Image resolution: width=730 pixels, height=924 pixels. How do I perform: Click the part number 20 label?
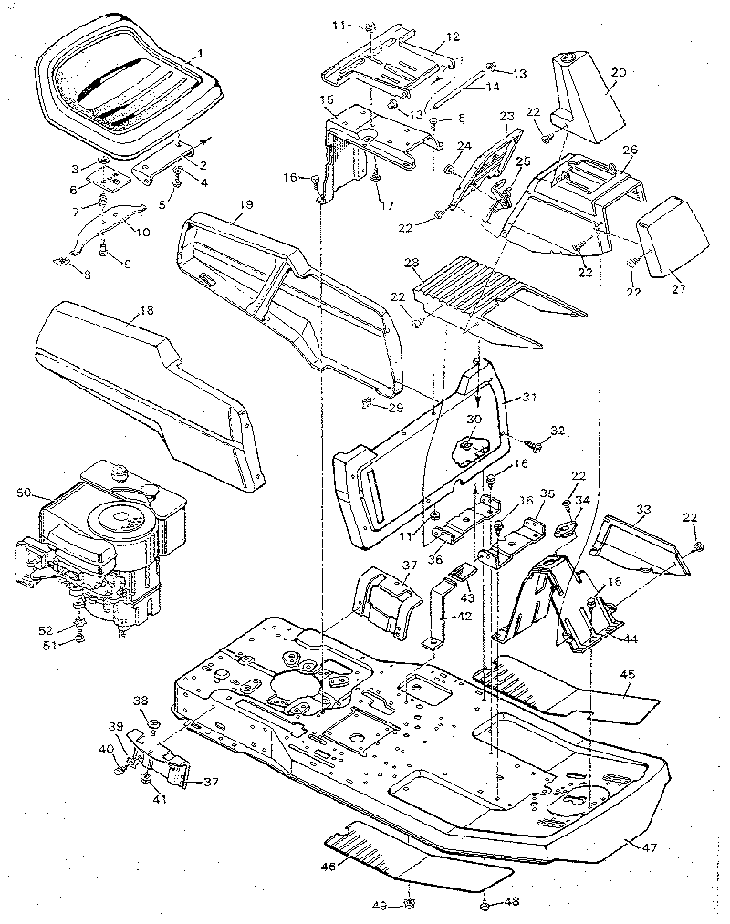[x=618, y=70]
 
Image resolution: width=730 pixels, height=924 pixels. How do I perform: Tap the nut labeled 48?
[x=485, y=904]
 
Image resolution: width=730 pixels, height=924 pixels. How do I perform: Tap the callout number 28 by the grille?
[x=412, y=263]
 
